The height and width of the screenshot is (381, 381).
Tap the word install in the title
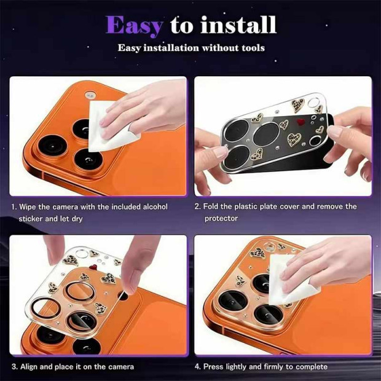(x=238, y=25)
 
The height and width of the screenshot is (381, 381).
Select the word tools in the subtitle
(x=253, y=48)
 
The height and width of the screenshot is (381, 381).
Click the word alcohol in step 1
(x=155, y=206)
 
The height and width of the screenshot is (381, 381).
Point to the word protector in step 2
(x=221, y=218)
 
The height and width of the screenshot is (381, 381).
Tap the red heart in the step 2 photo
(x=301, y=122)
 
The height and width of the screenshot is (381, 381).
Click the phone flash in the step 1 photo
(x=90, y=95)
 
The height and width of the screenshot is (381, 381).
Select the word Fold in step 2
(x=211, y=206)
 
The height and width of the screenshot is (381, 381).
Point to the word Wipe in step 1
(x=28, y=206)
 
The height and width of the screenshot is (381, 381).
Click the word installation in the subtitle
(x=171, y=48)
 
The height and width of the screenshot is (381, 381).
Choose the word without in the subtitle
(x=220, y=48)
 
